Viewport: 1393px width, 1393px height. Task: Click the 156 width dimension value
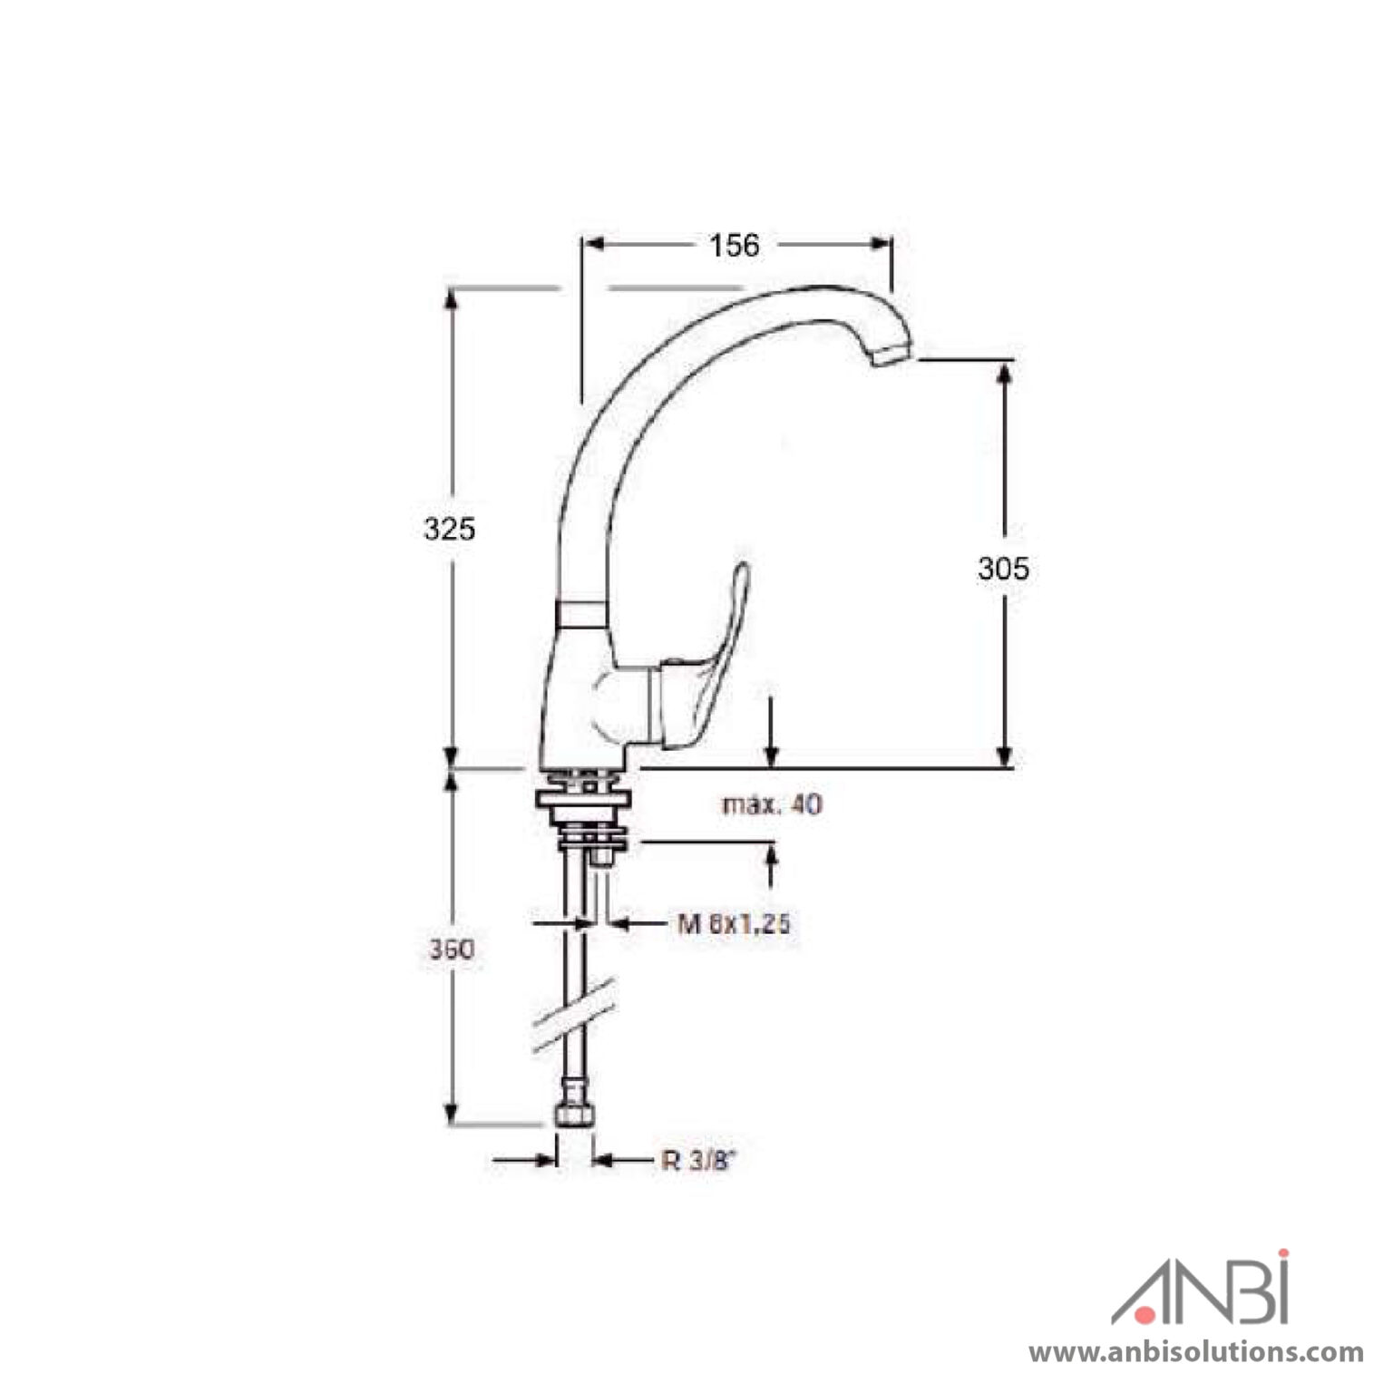[734, 245]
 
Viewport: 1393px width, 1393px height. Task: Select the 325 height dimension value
[449, 528]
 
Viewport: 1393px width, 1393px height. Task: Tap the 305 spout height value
[1003, 569]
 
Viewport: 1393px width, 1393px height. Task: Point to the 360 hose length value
[451, 950]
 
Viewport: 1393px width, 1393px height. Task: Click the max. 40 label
[773, 804]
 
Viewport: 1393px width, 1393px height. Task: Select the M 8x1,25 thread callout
[734, 924]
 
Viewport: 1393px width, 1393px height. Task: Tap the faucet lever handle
[716, 653]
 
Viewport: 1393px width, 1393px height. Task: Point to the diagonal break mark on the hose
[573, 1015]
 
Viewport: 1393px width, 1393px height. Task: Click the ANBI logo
[1201, 1290]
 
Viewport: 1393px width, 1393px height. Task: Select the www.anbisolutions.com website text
[1195, 1352]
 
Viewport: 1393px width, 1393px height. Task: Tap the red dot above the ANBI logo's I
[1281, 1256]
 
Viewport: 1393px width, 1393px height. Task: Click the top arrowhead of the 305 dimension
[1003, 373]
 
